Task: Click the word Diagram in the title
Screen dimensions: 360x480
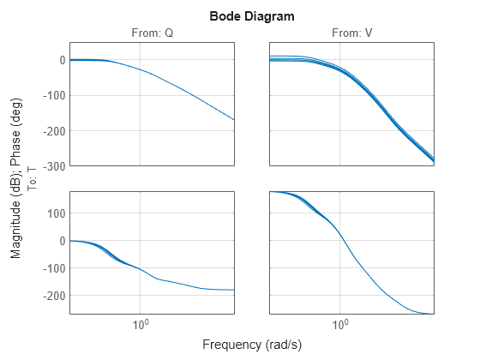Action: [264, 16]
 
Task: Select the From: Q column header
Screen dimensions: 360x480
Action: [152, 33]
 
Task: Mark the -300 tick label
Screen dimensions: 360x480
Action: [51, 165]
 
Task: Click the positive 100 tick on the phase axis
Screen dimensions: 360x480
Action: [53, 213]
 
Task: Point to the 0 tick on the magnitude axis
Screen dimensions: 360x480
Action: [62, 60]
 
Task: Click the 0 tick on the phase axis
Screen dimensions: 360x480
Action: [62, 240]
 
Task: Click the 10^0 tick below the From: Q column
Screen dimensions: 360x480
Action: [141, 326]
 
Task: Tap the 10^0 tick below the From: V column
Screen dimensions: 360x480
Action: [340, 326]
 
